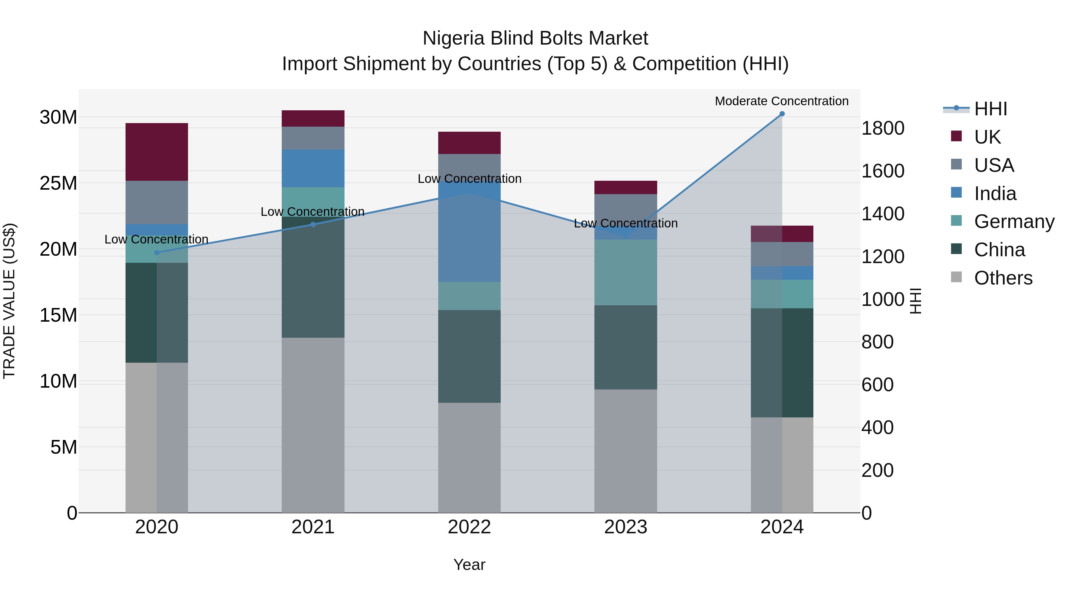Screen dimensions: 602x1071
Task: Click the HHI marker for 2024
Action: (x=782, y=114)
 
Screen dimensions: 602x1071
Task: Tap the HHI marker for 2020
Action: (x=157, y=253)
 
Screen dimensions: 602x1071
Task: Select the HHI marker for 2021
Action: (x=313, y=224)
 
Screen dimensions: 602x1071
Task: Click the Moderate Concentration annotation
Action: (x=781, y=101)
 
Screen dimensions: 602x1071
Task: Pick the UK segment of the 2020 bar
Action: (x=157, y=152)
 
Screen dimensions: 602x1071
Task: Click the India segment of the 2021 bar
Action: (x=313, y=168)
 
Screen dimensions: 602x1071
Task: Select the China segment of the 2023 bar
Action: (x=625, y=347)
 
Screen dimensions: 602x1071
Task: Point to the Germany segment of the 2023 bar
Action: (x=625, y=273)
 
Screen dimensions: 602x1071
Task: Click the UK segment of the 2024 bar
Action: (x=782, y=234)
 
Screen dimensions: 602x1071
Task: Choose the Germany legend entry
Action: (x=1014, y=221)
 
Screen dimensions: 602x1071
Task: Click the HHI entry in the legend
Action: (x=990, y=109)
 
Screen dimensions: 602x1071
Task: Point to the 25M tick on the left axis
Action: (x=58, y=183)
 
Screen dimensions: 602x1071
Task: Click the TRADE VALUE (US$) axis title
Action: (x=10, y=301)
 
